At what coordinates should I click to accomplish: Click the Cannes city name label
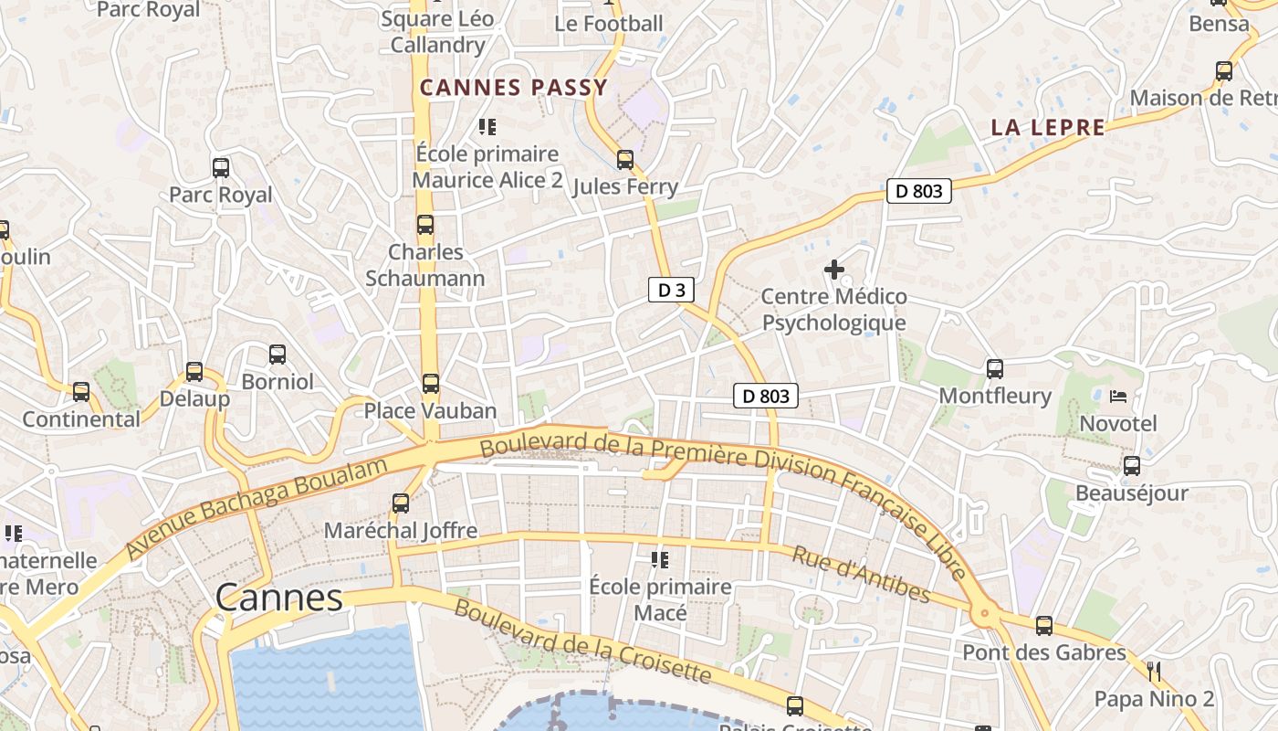(x=279, y=599)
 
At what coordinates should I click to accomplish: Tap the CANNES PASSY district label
(x=513, y=88)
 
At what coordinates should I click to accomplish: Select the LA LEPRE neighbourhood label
(x=1048, y=128)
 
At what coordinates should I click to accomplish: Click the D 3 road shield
(x=671, y=291)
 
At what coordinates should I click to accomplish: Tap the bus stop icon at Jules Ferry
(x=625, y=160)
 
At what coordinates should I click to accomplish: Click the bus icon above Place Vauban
(x=431, y=384)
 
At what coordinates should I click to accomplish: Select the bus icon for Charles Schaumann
(x=425, y=225)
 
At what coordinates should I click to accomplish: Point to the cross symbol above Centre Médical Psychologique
(x=833, y=270)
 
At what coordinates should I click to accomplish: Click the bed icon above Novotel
(x=1118, y=397)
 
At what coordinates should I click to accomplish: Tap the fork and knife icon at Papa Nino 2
(x=1154, y=672)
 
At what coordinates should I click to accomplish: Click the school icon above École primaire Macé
(x=660, y=559)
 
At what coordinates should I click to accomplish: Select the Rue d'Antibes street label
(x=861, y=575)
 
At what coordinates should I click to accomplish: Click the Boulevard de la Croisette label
(x=582, y=641)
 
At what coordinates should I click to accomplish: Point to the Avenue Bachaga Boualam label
(x=257, y=510)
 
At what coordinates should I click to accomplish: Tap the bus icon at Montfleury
(x=995, y=369)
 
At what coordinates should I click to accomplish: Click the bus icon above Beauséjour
(x=1132, y=466)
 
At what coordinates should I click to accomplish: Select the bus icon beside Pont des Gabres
(x=1044, y=626)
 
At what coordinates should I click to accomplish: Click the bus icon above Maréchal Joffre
(x=400, y=503)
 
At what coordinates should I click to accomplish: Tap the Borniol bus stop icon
(x=278, y=355)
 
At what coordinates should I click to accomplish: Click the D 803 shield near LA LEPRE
(x=919, y=191)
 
